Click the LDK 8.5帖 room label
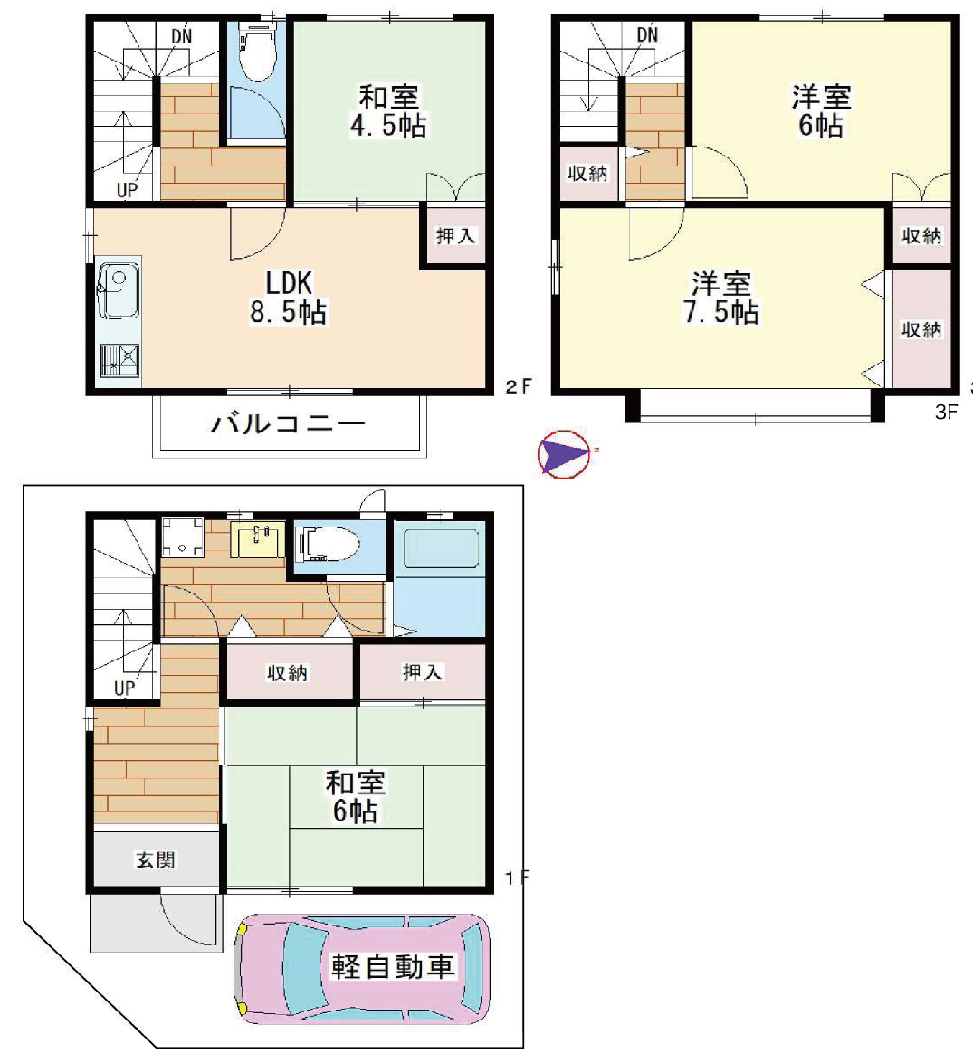[x=289, y=298]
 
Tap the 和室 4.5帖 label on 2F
[x=388, y=112]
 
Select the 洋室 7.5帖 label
[x=720, y=298]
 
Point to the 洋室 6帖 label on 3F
[x=821, y=112]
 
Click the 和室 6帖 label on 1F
[x=356, y=797]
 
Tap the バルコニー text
[x=288, y=424]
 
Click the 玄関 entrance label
[x=156, y=859]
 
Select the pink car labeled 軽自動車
[x=362, y=967]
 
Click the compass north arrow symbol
[x=564, y=453]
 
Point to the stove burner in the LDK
[x=119, y=360]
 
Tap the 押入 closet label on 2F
[x=455, y=236]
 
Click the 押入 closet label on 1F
[x=422, y=672]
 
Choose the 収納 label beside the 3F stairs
[x=587, y=174]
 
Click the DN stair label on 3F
[x=647, y=33]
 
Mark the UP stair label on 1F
[x=124, y=688]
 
